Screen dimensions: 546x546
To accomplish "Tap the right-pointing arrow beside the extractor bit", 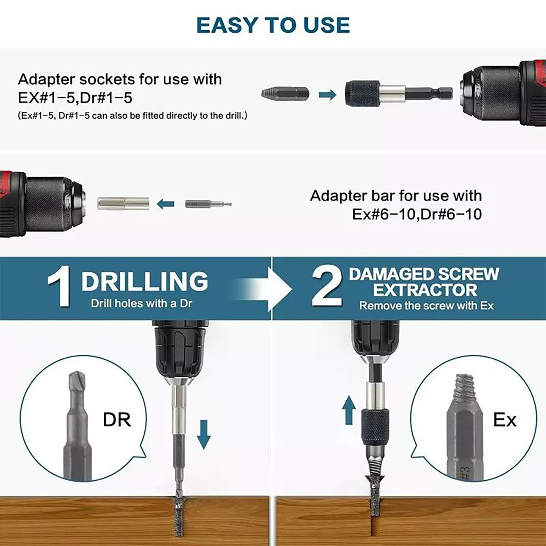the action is pyautogui.click(x=328, y=95).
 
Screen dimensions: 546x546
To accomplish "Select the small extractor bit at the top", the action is pyautogui.click(x=285, y=93).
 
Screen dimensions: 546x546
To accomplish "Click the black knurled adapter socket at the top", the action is pyautogui.click(x=361, y=93).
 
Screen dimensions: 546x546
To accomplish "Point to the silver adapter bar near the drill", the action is pyautogui.click(x=123, y=204).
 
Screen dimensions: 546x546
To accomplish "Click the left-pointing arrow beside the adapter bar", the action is pyautogui.click(x=166, y=204).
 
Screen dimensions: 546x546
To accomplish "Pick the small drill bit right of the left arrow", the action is pyautogui.click(x=208, y=204).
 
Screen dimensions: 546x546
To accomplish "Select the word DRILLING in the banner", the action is pyautogui.click(x=145, y=281).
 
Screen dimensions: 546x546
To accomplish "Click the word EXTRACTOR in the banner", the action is pyautogui.click(x=425, y=290).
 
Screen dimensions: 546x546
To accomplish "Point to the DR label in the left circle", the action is pyautogui.click(x=117, y=420).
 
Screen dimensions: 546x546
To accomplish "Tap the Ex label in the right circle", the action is pyautogui.click(x=505, y=420).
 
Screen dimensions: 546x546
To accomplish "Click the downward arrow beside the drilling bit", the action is pyautogui.click(x=204, y=434).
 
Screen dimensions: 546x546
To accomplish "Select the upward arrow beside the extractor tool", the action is pyautogui.click(x=349, y=410).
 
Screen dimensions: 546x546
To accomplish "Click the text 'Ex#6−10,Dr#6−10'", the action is pyautogui.click(x=417, y=214).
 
